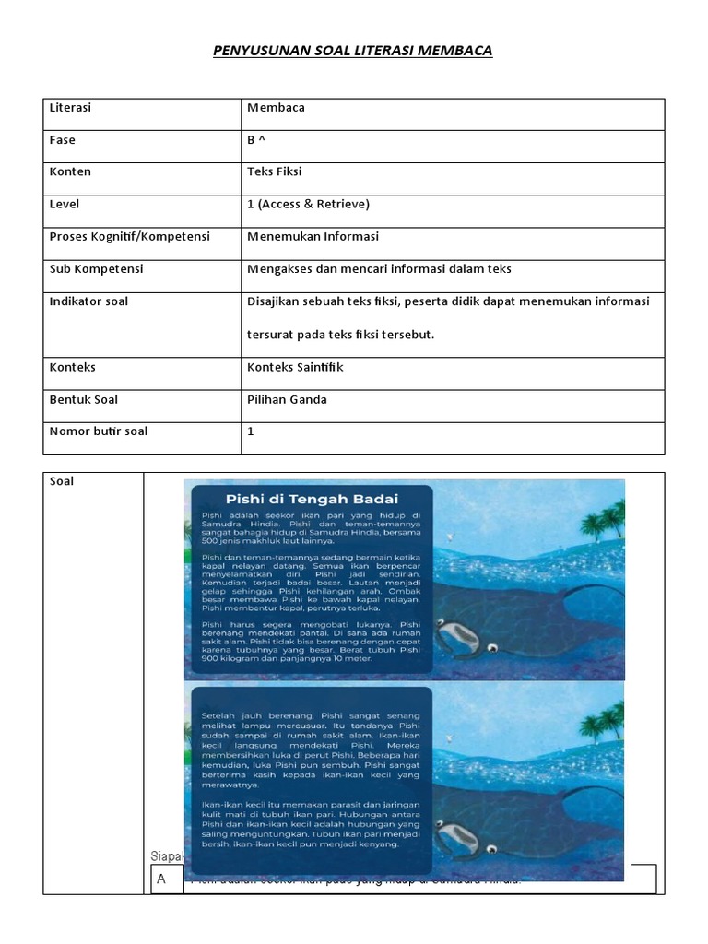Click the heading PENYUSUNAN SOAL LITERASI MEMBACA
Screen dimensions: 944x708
pyautogui.click(x=353, y=51)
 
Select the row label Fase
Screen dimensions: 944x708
pyautogui.click(x=63, y=140)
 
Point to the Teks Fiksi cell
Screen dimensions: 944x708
pyautogui.click(x=275, y=171)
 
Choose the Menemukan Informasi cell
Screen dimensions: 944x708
pyautogui.click(x=313, y=236)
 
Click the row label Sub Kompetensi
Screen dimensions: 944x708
pyautogui.click(x=96, y=268)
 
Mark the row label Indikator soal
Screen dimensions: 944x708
pyautogui.click(x=88, y=301)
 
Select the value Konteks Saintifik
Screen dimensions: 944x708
pyautogui.click(x=295, y=367)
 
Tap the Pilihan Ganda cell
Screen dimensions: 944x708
pyautogui.click(x=287, y=399)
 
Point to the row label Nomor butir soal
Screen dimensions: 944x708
pyautogui.click(x=98, y=431)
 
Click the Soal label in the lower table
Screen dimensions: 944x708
pyautogui.click(x=63, y=481)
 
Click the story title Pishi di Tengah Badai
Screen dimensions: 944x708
pyautogui.click(x=311, y=501)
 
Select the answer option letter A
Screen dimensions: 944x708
pyautogui.click(x=161, y=879)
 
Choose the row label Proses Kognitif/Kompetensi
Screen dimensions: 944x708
pyautogui.click(x=129, y=236)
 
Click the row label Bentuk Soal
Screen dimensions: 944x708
pyautogui.click(x=83, y=399)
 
